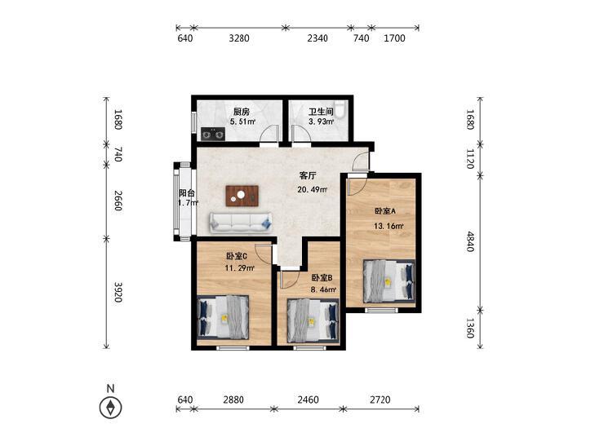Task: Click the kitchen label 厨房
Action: pyautogui.click(x=242, y=112)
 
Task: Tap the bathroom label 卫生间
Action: pyautogui.click(x=321, y=112)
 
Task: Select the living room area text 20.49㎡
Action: pyautogui.click(x=313, y=189)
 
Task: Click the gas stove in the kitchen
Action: pyautogui.click(x=213, y=134)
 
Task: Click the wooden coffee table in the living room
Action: pyautogui.click(x=242, y=196)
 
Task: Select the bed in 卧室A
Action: pyautogui.click(x=389, y=280)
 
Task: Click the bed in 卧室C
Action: pyautogui.click(x=223, y=317)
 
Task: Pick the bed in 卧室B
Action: pyautogui.click(x=313, y=320)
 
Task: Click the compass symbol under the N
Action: pyautogui.click(x=110, y=408)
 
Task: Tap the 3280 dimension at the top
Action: pyautogui.click(x=239, y=38)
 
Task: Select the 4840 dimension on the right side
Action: pyautogui.click(x=470, y=241)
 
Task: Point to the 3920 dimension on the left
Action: pyautogui.click(x=118, y=292)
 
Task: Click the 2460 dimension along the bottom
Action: pyautogui.click(x=309, y=400)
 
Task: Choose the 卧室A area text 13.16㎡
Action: pyautogui.click(x=389, y=226)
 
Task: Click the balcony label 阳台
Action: pyautogui.click(x=187, y=193)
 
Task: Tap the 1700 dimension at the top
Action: pyautogui.click(x=395, y=38)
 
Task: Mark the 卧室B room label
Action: pyautogui.click(x=322, y=278)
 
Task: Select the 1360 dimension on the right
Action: pyautogui.click(x=470, y=328)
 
